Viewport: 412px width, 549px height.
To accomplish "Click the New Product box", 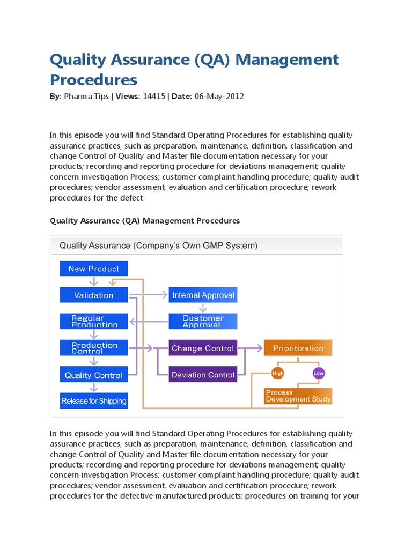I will (94, 269).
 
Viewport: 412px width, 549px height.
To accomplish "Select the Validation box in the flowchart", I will (94, 295).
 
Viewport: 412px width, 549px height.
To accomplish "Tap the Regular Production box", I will (94, 321).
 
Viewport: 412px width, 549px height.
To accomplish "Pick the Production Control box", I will (94, 348).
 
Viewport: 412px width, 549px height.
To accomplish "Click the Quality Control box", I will (94, 375).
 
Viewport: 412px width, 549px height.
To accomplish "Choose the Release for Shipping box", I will (94, 400).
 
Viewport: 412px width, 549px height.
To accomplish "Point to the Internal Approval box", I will (203, 295).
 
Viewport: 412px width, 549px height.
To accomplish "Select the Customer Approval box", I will (203, 321).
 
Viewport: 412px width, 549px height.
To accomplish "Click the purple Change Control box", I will (203, 348).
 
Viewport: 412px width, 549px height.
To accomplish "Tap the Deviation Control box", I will (203, 375).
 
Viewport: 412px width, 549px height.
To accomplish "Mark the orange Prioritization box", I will (298, 348).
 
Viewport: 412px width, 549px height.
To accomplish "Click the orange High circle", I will (278, 373).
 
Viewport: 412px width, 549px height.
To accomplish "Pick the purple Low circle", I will (319, 373).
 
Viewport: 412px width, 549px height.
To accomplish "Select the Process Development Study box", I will (298, 396).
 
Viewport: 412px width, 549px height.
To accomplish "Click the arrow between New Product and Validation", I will (94, 282).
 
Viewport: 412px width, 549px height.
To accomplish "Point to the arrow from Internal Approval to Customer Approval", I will (203, 308).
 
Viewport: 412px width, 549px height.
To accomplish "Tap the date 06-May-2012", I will (219, 97).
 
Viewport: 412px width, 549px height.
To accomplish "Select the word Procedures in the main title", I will (93, 79).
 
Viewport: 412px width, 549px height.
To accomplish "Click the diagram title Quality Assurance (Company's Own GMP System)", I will (158, 246).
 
